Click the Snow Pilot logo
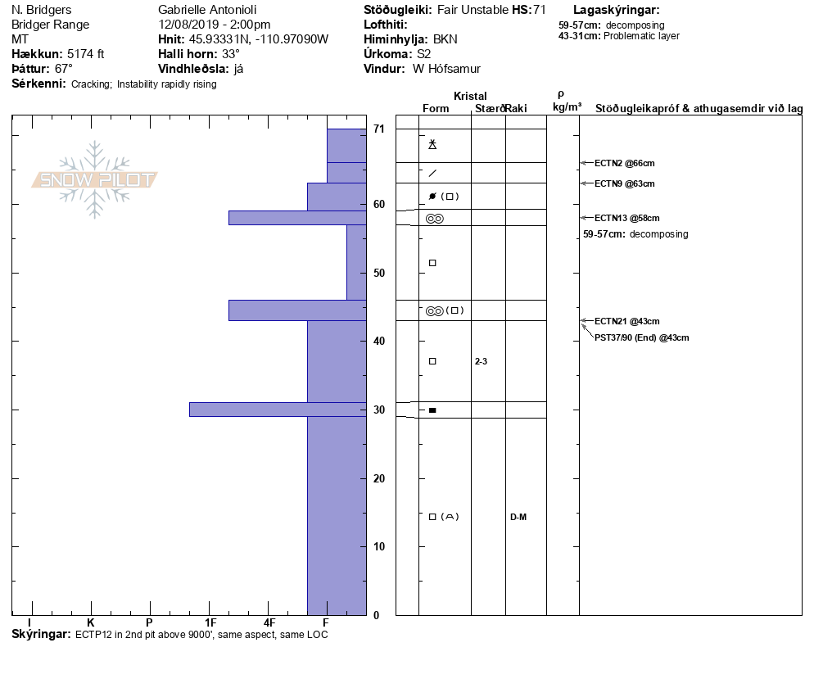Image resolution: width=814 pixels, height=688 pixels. (95, 179)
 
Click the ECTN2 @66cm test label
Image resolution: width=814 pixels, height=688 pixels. (624, 164)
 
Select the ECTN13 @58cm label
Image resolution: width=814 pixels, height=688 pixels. (626, 218)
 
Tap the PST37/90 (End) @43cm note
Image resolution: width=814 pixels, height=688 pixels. (641, 337)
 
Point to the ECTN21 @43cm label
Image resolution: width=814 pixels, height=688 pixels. (626, 321)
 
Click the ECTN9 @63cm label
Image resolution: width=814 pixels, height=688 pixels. (624, 183)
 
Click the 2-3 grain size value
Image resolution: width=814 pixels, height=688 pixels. (482, 361)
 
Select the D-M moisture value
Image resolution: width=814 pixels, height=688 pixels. (518, 517)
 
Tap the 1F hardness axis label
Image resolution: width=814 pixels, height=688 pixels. (210, 623)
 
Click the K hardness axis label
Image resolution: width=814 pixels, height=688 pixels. (90, 623)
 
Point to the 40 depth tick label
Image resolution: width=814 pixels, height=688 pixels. (378, 341)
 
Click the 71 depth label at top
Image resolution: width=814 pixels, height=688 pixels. (378, 129)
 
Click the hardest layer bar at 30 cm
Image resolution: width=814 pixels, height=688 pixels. (278, 410)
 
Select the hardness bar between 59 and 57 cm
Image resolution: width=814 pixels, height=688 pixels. (296, 218)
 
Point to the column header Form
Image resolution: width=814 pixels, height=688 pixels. (436, 109)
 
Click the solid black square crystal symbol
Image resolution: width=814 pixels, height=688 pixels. (432, 410)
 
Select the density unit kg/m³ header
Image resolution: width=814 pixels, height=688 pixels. (567, 107)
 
